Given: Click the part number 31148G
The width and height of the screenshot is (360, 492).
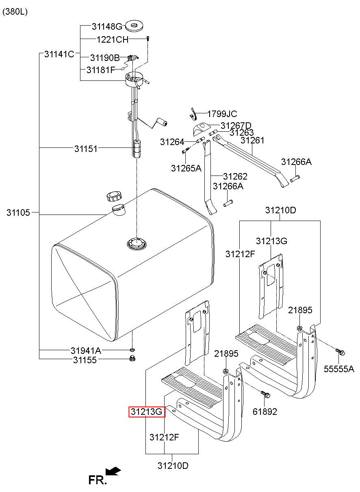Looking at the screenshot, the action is tap(107, 26).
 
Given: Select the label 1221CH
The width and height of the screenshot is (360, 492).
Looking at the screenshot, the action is tap(113, 39).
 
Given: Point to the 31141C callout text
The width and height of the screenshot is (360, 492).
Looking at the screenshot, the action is tap(59, 54).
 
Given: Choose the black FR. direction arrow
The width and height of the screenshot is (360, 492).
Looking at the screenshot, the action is tap(113, 471).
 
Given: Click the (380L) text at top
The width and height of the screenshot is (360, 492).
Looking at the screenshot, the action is tap(15, 12).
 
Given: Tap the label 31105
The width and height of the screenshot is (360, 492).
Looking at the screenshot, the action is tap(18, 212).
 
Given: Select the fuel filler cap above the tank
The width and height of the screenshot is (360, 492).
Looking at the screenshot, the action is tap(114, 196).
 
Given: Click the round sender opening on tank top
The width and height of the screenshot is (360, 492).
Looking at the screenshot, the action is tap(137, 244).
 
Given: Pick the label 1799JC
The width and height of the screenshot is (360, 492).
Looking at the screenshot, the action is tap(222, 114).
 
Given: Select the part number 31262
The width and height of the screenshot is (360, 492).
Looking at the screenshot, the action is tap(235, 176).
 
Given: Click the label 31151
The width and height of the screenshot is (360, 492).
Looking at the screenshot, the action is tap(86, 149).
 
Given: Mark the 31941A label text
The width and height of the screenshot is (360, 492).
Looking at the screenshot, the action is tap(86, 351).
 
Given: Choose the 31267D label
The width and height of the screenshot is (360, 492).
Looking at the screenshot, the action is tap(236, 126).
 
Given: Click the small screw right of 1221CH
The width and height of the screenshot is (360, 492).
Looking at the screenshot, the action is tap(148, 39).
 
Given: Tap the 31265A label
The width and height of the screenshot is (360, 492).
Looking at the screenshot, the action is tap(186, 168).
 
